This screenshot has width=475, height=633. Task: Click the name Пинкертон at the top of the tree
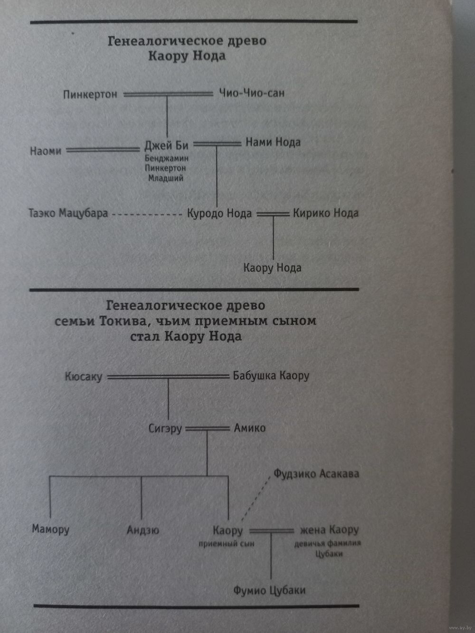[90, 94]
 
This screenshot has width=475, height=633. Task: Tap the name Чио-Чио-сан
[251, 93]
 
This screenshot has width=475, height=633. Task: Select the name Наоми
[46, 151]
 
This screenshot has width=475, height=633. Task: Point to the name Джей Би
[166, 145]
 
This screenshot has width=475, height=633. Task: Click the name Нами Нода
[273, 142]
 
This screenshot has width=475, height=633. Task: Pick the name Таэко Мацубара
[68, 213]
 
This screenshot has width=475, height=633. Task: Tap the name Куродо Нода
[219, 214]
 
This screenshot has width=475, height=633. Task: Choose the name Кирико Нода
[326, 213]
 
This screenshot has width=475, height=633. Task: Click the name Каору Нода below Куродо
[273, 268]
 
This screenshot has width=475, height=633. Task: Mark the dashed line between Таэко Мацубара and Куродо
[147, 215]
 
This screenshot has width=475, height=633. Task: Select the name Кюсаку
[84, 377]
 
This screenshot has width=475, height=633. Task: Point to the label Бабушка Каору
[271, 376]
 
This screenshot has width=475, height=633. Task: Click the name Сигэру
[165, 428]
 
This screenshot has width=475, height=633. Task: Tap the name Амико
[250, 428]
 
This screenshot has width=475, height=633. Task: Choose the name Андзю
[143, 530]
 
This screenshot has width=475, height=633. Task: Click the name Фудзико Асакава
[316, 473]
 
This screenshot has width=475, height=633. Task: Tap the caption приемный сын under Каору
[227, 544]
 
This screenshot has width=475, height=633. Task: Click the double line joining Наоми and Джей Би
[103, 150]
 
